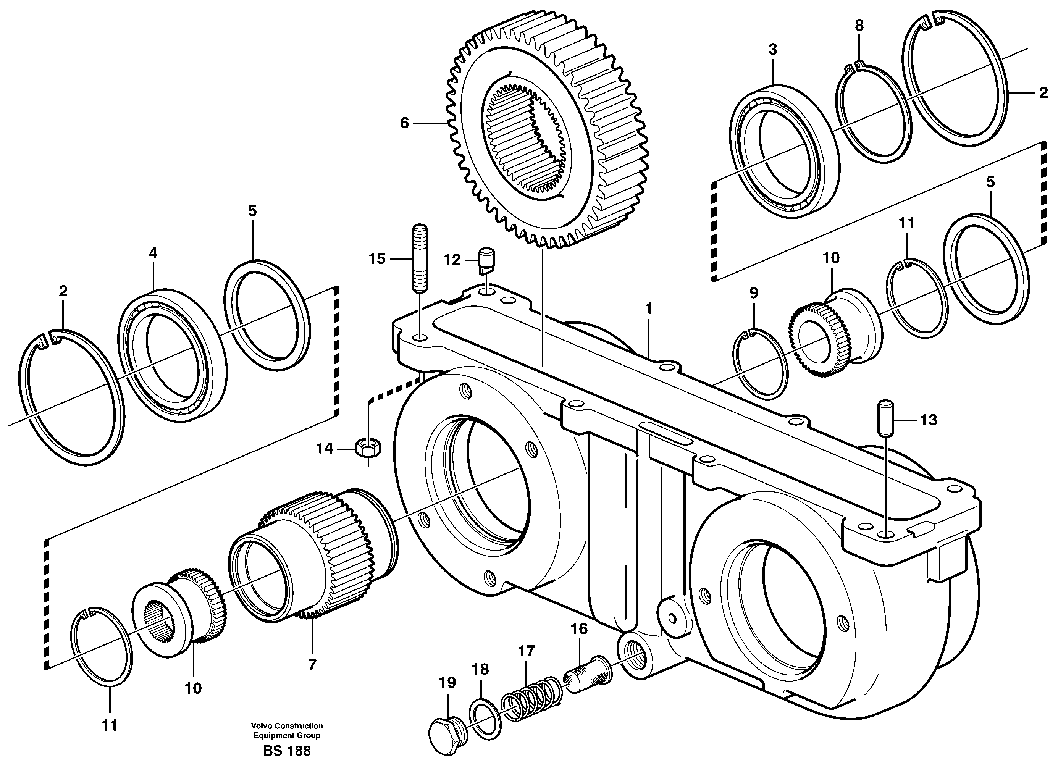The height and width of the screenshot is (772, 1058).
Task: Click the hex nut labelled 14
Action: point(368,448)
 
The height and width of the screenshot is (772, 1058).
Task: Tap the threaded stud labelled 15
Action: point(420,258)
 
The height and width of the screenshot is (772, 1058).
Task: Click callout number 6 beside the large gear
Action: point(405,123)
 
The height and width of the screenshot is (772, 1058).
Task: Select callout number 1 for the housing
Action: point(648,309)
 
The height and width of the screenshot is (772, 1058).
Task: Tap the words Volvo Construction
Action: point(286,726)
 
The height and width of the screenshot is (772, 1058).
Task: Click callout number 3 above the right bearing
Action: point(772,49)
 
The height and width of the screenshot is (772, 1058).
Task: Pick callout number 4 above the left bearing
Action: point(153,253)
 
